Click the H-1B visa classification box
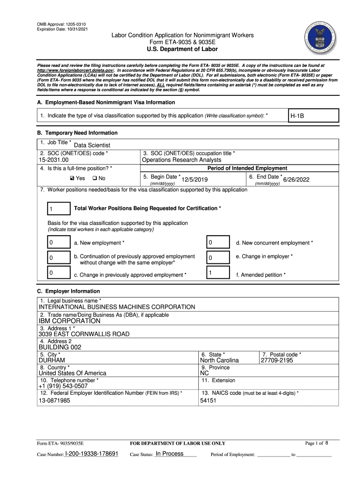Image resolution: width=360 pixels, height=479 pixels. tap(313, 116)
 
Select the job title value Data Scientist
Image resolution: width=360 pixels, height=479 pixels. tap(92, 145)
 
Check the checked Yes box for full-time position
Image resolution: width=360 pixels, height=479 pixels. tap(72, 178)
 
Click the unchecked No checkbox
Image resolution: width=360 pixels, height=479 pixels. tap(94, 178)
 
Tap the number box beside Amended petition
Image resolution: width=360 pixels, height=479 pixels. tap(218, 274)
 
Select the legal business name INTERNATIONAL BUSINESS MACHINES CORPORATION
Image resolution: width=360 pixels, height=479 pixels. tap(117, 307)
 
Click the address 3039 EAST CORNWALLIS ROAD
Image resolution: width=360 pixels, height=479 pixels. tap(84, 334)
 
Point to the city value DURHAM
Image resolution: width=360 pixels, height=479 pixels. tap(52, 361)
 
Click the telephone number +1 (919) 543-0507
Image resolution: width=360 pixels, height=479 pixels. tap(63, 386)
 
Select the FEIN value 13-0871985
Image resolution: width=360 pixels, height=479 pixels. tap(55, 400)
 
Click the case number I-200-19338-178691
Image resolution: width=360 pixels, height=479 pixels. tap(92, 454)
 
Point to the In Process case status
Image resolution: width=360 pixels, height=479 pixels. tap(169, 454)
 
